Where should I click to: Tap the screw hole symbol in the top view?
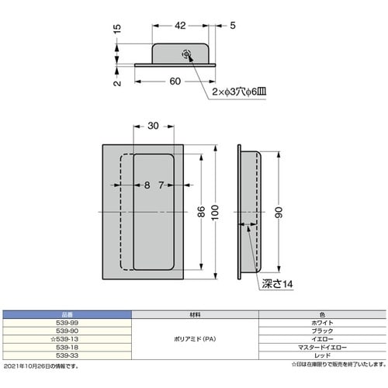(x=185, y=54)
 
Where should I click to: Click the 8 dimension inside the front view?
(x=147, y=185)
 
